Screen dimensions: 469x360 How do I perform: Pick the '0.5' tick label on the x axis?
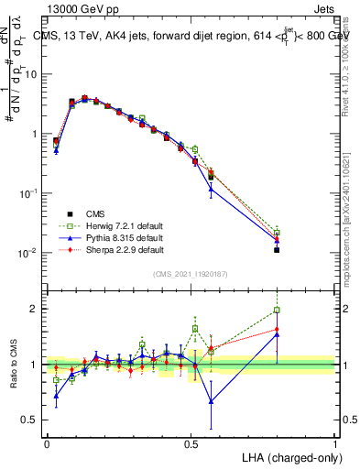click(x=191, y=442)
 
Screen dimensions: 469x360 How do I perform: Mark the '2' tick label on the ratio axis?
click(x=36, y=309)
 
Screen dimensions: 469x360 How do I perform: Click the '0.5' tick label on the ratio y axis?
click(x=32, y=420)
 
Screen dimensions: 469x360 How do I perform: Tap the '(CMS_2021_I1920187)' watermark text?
click(x=191, y=274)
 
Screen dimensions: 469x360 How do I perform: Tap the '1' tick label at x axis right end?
click(x=334, y=442)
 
